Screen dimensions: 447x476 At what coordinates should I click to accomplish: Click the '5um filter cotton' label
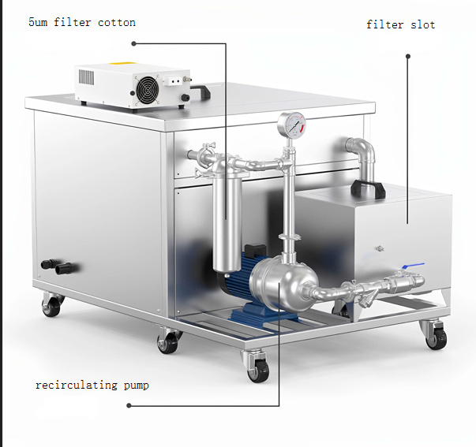click(82, 23)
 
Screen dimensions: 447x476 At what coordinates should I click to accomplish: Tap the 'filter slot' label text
click(400, 24)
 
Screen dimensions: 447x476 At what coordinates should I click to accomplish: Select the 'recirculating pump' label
click(92, 386)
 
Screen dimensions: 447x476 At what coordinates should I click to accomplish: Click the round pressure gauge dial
click(293, 124)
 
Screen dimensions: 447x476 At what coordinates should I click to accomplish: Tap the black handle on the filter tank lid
click(366, 189)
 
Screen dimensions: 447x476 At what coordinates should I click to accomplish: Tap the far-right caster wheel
click(435, 336)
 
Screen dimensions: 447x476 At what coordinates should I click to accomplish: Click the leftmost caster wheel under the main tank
click(51, 306)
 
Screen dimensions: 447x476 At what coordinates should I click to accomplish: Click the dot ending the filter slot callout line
click(408, 56)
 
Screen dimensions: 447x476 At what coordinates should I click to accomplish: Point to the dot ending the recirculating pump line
click(129, 406)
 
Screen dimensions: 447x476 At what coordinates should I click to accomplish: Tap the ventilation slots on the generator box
click(88, 79)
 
